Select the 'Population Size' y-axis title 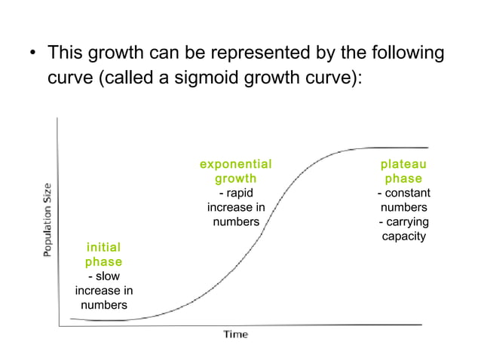pyautogui.click(x=47, y=220)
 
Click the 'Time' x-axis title pyautogui.click(x=235, y=334)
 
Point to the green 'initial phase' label pyautogui.click(x=103, y=255)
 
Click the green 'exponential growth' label pyautogui.click(x=235, y=171)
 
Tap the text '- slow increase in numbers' pyautogui.click(x=104, y=291)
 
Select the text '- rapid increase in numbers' pyautogui.click(x=235, y=207)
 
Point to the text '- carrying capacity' pyautogui.click(x=403, y=229)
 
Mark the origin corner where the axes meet pyautogui.click(x=58, y=325)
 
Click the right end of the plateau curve pyautogui.click(x=427, y=148)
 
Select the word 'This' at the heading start pyautogui.click(x=66, y=54)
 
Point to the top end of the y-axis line pyautogui.click(x=57, y=118)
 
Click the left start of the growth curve pyautogui.click(x=71, y=319)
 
